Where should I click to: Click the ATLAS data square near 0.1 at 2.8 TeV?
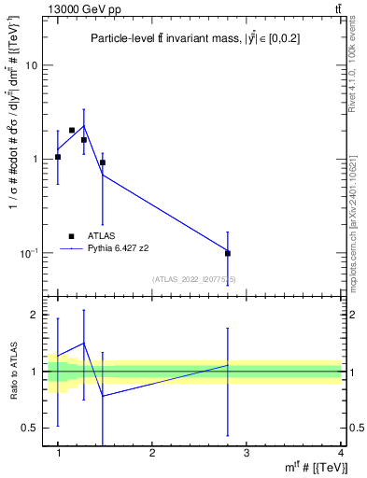coord(228,253)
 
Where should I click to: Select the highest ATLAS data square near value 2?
coord(72,131)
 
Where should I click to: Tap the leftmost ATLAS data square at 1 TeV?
coord(58,157)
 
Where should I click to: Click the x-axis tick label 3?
coord(247,453)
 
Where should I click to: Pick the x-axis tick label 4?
coord(341,453)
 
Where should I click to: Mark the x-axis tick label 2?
coord(152,453)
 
